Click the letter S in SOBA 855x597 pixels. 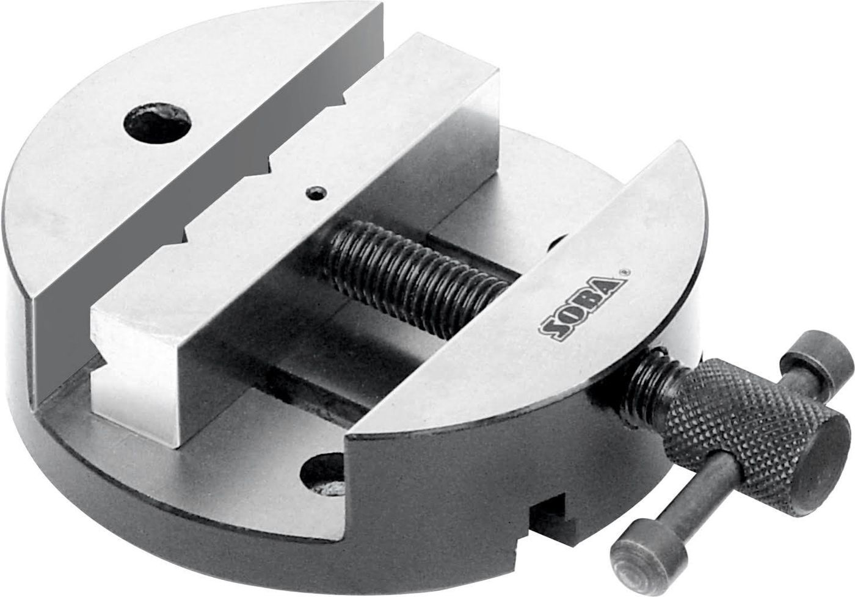coord(550,330)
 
